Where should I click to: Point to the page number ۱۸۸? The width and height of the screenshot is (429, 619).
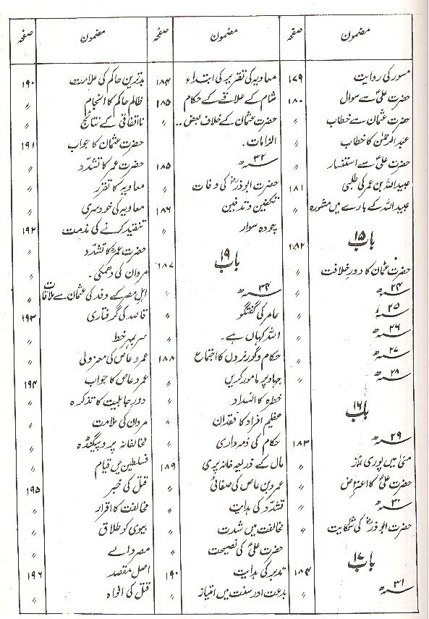click(163, 357)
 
